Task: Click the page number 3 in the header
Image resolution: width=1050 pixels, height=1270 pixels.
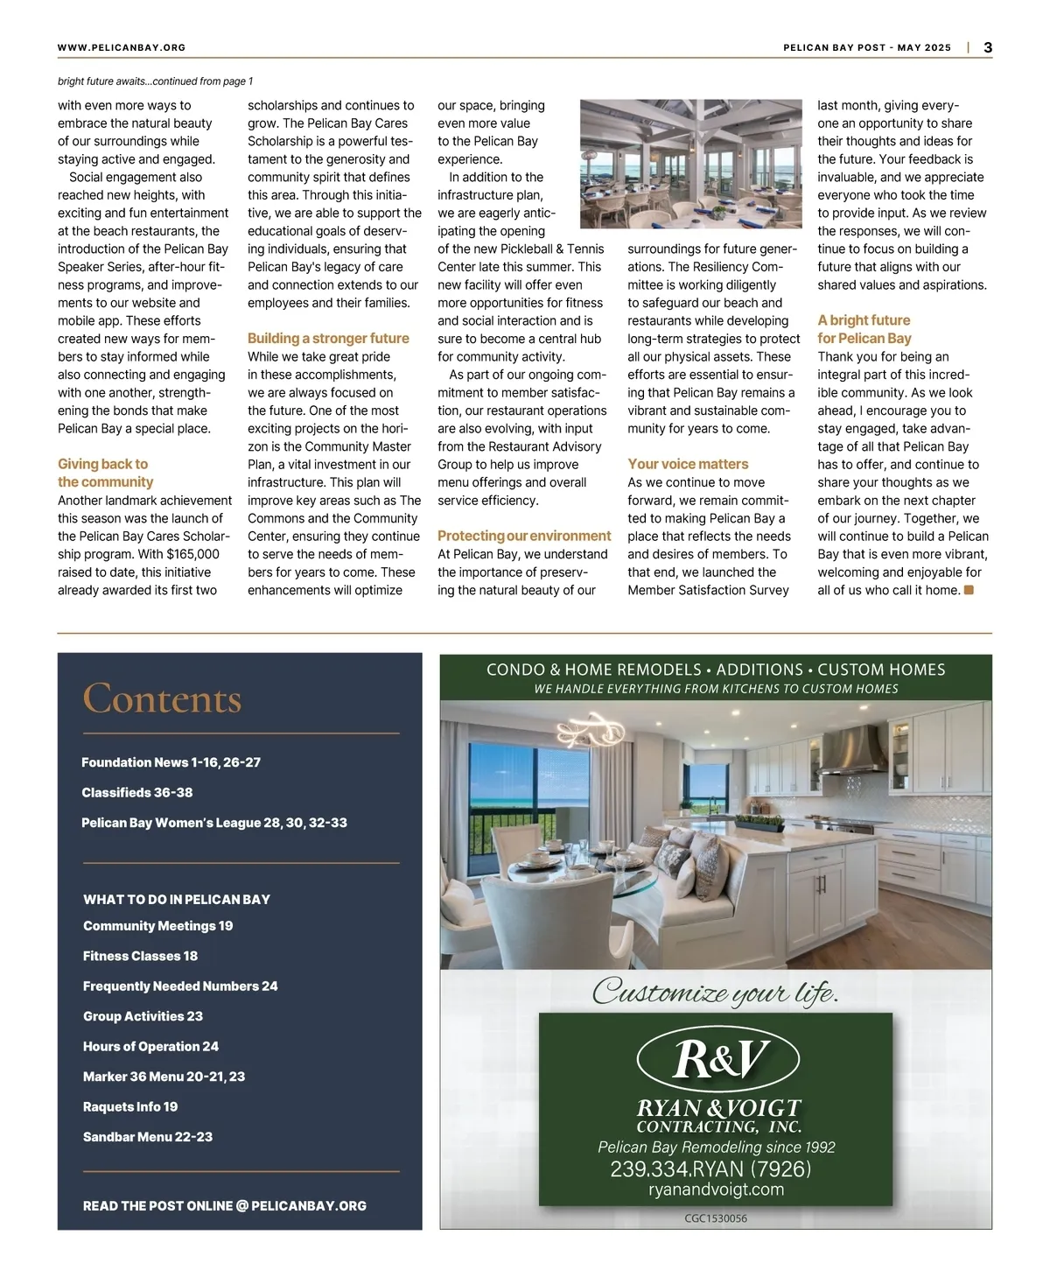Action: click(x=988, y=47)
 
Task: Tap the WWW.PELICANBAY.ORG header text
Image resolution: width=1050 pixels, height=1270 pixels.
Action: click(x=122, y=47)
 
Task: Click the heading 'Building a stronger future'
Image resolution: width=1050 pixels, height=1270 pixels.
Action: click(x=328, y=338)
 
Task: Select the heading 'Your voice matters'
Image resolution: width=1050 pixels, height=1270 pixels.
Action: click(x=688, y=464)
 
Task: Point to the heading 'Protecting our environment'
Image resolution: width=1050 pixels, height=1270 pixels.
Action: click(x=524, y=536)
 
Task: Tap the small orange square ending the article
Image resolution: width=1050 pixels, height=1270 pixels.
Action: click(x=969, y=590)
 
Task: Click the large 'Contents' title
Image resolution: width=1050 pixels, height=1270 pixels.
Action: click(x=162, y=698)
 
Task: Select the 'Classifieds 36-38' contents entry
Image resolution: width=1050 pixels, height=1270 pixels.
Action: click(x=137, y=792)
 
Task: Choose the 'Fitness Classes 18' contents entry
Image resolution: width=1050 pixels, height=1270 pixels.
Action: click(x=140, y=956)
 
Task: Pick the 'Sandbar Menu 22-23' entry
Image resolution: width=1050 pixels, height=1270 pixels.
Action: click(x=148, y=1137)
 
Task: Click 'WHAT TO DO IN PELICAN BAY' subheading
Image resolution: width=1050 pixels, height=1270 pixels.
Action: click(x=177, y=899)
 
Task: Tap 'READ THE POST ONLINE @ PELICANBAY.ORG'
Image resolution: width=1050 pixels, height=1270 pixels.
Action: click(x=225, y=1205)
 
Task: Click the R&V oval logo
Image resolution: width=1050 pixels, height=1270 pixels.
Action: click(x=717, y=1059)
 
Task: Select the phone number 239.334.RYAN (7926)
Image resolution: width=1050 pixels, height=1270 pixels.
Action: click(x=710, y=1169)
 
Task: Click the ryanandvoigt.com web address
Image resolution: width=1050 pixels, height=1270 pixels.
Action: click(x=716, y=1189)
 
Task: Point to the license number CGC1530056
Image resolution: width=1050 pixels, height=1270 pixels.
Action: click(x=716, y=1218)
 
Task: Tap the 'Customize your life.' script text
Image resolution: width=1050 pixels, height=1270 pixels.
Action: click(x=715, y=992)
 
